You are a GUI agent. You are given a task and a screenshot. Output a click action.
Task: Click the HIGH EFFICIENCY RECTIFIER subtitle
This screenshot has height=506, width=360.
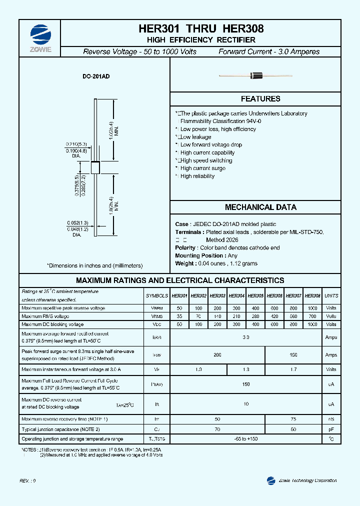pyautogui.click(x=201, y=40)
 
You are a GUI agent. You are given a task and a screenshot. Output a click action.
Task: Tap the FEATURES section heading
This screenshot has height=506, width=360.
pyautogui.click(x=260, y=99)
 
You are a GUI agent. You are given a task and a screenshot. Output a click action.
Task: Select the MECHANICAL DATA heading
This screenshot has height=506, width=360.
pyautogui.click(x=260, y=207)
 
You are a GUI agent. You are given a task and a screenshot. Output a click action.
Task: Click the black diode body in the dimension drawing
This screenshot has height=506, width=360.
pyautogui.click(x=95, y=167)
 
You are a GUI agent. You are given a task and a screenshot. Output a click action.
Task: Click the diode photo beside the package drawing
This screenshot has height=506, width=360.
pyautogui.click(x=255, y=76)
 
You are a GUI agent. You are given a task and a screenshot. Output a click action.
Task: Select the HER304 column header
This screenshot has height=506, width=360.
pyautogui.click(x=236, y=295)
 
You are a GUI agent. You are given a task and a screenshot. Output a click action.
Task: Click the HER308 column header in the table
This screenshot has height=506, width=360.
pyautogui.click(x=312, y=295)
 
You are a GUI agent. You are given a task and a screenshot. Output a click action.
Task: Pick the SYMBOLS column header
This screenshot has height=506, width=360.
pyautogui.click(x=156, y=295)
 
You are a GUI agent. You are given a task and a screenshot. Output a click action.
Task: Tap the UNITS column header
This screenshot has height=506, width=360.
pyautogui.click(x=331, y=295)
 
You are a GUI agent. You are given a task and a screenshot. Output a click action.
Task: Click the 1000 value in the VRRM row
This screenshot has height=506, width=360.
pyautogui.click(x=312, y=308)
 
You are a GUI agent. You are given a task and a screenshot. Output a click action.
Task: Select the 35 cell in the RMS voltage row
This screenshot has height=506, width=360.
pyautogui.click(x=179, y=316)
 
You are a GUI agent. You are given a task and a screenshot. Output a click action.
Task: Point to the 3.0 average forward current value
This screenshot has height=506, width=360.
pyautogui.click(x=246, y=337)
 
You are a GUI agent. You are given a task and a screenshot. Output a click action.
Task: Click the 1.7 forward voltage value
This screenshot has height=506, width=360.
pyautogui.click(x=293, y=369)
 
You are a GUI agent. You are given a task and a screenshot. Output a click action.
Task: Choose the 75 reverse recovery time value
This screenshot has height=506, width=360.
pyautogui.click(x=293, y=418)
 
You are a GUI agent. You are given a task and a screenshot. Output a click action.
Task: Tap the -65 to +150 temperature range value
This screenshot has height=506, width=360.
pyautogui.click(x=246, y=439)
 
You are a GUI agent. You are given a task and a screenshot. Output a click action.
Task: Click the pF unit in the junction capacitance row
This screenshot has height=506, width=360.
pyautogui.click(x=331, y=429)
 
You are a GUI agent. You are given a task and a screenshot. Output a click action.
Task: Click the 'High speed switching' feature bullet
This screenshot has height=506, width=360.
pyautogui.click(x=206, y=160)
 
